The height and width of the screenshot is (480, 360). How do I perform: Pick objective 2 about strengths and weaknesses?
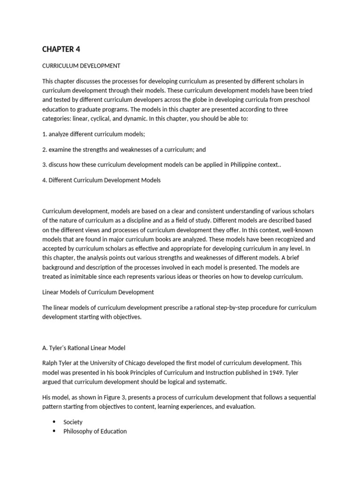click(124, 150)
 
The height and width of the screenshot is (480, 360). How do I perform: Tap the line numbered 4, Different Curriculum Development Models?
click(101, 180)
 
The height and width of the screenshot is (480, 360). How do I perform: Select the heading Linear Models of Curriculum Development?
click(98, 292)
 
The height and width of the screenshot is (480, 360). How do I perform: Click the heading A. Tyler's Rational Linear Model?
click(84, 348)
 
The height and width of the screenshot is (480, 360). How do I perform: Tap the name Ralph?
click(50, 363)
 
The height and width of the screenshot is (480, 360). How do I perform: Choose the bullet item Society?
click(73, 422)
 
